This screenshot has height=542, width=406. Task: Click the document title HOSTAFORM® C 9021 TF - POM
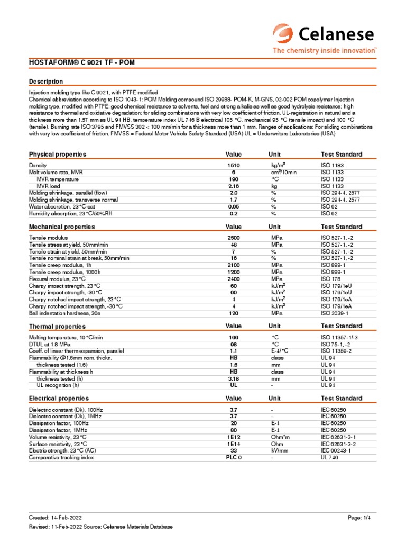tap(82, 62)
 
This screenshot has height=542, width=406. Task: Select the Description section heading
tap(45, 82)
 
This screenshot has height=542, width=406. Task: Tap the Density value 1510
tap(234, 166)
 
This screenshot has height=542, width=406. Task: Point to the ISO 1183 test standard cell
tap(332, 166)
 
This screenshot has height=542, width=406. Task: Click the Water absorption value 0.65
tap(234, 207)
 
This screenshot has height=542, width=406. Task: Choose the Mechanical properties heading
tap(61, 227)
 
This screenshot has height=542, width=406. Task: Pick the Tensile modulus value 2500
tap(234, 238)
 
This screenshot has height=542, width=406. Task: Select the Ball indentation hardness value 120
tap(234, 313)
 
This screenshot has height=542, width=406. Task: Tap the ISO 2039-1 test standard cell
tap(335, 313)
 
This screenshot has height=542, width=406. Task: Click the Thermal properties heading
tap(57, 326)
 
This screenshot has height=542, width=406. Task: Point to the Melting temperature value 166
tap(234, 337)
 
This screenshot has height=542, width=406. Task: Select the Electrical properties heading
tap(59, 398)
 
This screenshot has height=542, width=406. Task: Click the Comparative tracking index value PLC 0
tap(234, 458)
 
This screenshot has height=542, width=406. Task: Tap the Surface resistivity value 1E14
tap(234, 444)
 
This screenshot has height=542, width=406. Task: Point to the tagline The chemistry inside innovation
tap(324, 51)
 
